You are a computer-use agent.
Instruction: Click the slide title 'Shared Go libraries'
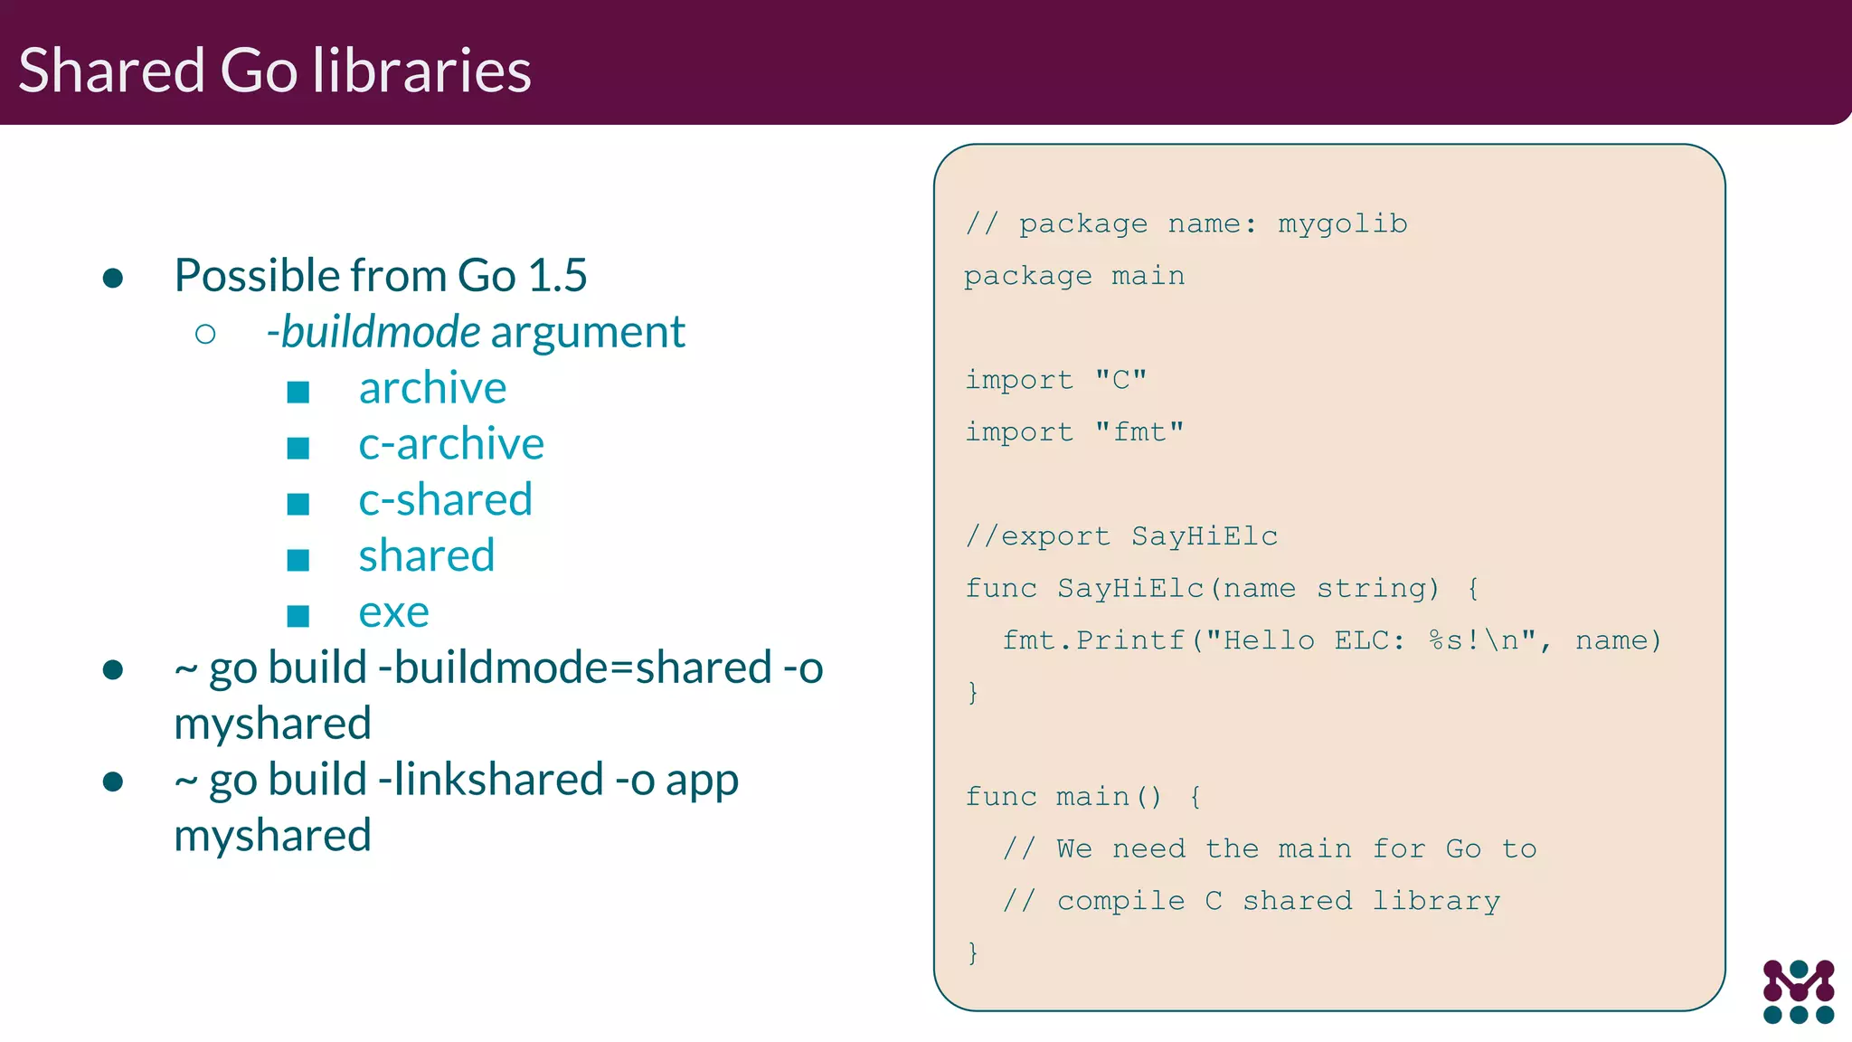point(274,70)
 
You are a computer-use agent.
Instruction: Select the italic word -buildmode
point(373,331)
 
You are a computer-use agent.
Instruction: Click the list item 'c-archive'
point(451,444)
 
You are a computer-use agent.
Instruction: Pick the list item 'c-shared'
point(445,500)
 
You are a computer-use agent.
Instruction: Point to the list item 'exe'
point(393,612)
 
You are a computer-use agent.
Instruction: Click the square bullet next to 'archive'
point(298,392)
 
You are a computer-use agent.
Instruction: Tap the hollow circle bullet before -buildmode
point(205,335)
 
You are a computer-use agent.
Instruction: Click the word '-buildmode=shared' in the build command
point(575,668)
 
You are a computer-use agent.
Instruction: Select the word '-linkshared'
point(491,780)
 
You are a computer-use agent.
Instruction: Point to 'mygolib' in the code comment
point(1342,223)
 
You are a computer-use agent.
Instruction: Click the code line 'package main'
point(1073,276)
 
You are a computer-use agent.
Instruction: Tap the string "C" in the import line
point(1120,379)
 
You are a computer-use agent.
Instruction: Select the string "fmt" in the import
point(1139,431)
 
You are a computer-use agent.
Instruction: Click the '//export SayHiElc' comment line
point(1121,536)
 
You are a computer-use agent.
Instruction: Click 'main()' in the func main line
point(1109,797)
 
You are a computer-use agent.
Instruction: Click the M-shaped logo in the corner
point(1798,991)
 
